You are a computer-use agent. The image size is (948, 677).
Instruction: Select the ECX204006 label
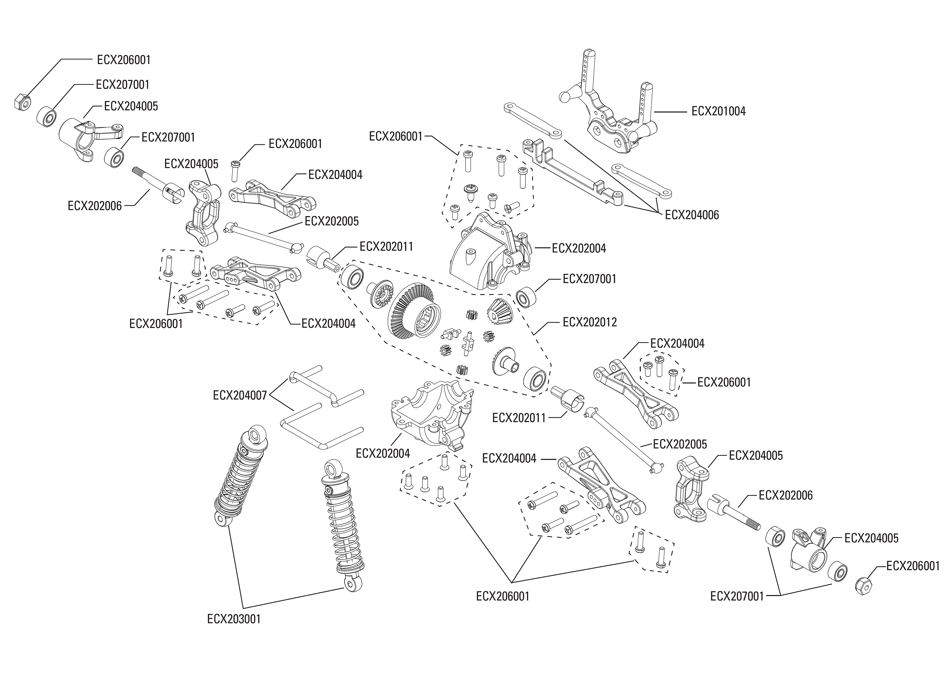[x=692, y=215]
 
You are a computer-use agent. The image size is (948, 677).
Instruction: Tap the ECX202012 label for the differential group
[x=590, y=322]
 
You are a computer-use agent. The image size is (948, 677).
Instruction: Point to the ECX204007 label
[x=240, y=395]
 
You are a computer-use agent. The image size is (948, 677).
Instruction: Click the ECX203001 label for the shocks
[x=234, y=619]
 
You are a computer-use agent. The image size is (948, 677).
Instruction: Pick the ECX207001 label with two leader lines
[x=737, y=596]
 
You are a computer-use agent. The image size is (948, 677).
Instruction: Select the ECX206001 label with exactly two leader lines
[x=156, y=323]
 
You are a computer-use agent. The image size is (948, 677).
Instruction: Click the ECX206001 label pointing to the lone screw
[x=295, y=144]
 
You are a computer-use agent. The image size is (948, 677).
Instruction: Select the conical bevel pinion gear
[x=499, y=312]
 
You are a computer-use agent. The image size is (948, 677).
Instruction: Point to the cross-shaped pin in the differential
[x=469, y=342]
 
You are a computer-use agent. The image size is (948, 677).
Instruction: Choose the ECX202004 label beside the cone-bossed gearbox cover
[x=579, y=249]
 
